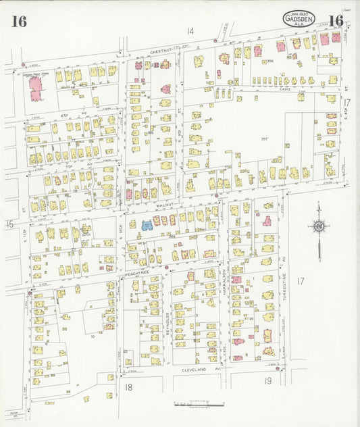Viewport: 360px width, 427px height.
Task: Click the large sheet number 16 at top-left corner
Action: [x=19, y=22]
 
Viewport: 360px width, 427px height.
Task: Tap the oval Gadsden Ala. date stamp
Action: [x=299, y=20]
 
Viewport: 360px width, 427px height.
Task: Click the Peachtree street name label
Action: [x=136, y=274]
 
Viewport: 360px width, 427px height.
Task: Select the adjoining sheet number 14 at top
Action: [x=190, y=31]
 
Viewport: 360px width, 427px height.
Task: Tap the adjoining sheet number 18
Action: [x=128, y=386]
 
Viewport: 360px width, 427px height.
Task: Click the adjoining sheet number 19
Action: [x=268, y=381]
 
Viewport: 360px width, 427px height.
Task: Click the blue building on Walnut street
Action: [x=147, y=224]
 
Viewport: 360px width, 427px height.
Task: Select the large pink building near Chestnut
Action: [x=34, y=88]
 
